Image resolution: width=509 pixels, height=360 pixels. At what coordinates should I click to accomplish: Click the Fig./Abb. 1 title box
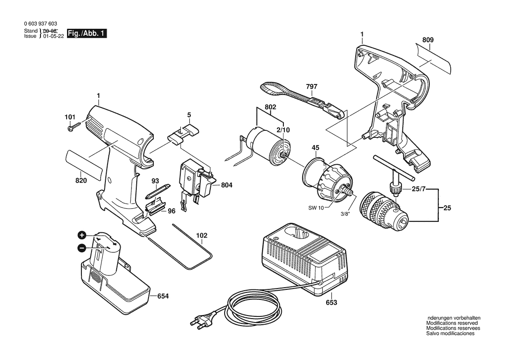(x=87, y=33)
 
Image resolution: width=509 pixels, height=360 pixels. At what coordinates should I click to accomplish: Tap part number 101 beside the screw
(x=70, y=117)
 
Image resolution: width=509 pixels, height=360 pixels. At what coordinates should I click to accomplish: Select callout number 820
(x=81, y=180)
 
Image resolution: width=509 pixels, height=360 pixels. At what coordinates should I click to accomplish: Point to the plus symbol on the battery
(x=82, y=234)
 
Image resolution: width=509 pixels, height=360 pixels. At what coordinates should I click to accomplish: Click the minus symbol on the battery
(x=82, y=248)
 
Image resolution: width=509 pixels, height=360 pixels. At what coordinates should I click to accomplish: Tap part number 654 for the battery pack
(x=163, y=296)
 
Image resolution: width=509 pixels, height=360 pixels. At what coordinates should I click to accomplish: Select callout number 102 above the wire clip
(x=202, y=235)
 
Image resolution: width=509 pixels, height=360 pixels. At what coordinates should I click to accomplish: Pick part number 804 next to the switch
(x=226, y=185)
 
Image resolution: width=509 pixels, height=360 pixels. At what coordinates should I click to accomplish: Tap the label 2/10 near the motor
(x=283, y=130)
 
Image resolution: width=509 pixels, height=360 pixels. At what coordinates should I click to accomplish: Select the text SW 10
(x=316, y=208)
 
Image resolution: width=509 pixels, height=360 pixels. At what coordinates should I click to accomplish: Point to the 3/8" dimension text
(x=345, y=214)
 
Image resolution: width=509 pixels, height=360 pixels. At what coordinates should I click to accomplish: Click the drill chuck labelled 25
(x=384, y=208)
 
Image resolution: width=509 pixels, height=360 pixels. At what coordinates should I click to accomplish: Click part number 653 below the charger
(x=331, y=302)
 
